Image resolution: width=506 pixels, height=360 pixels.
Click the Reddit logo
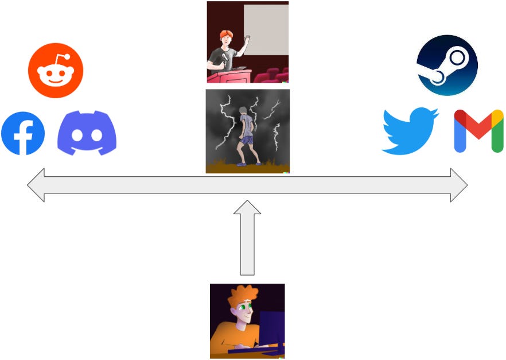pyautogui.click(x=56, y=71)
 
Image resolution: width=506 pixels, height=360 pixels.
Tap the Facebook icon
pyautogui.click(x=23, y=134)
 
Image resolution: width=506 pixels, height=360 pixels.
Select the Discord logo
pyautogui.click(x=87, y=133)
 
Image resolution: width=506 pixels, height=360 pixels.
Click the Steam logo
pyautogui.click(x=447, y=65)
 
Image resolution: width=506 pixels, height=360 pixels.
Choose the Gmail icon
pyautogui.click(x=478, y=131)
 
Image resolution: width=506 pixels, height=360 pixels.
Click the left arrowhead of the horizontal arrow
pyautogui.click(x=36, y=185)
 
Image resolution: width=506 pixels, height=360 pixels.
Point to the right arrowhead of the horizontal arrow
pyautogui.click(x=459, y=185)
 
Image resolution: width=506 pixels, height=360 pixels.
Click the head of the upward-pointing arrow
pyautogui.click(x=247, y=207)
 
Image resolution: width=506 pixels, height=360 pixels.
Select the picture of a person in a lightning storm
pyautogui.click(x=248, y=131)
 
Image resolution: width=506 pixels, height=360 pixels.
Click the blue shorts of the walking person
pyautogui.click(x=247, y=140)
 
